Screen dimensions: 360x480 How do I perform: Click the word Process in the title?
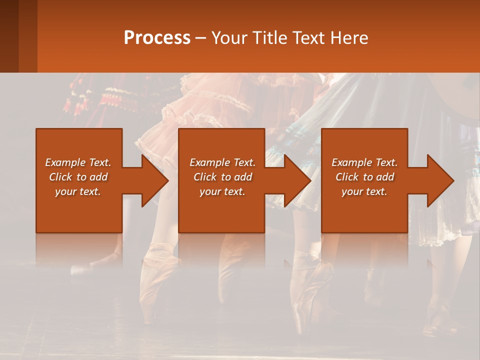(x=157, y=38)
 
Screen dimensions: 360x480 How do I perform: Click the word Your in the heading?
(x=229, y=38)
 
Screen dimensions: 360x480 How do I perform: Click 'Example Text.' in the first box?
(x=78, y=162)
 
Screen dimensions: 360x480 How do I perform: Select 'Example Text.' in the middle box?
(x=222, y=162)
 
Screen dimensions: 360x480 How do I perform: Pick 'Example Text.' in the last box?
(x=364, y=162)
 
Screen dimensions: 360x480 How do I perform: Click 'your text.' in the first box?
(x=78, y=191)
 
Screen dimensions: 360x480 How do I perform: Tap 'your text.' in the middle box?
(x=222, y=191)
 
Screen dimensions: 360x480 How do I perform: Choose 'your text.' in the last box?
(x=364, y=191)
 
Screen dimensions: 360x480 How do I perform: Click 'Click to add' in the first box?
(x=78, y=177)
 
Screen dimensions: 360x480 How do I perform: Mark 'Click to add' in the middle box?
(x=222, y=177)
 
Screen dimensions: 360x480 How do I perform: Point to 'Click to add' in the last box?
(x=364, y=177)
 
